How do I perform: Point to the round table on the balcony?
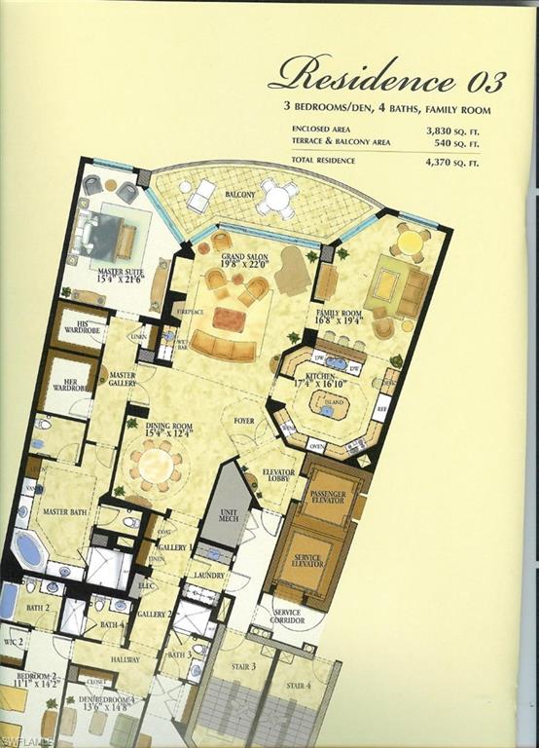click(x=278, y=199)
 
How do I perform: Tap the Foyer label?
click(x=242, y=421)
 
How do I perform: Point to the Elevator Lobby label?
click(x=278, y=476)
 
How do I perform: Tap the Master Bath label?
click(x=65, y=512)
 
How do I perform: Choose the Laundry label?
click(x=208, y=576)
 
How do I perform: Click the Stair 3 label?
click(x=244, y=666)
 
